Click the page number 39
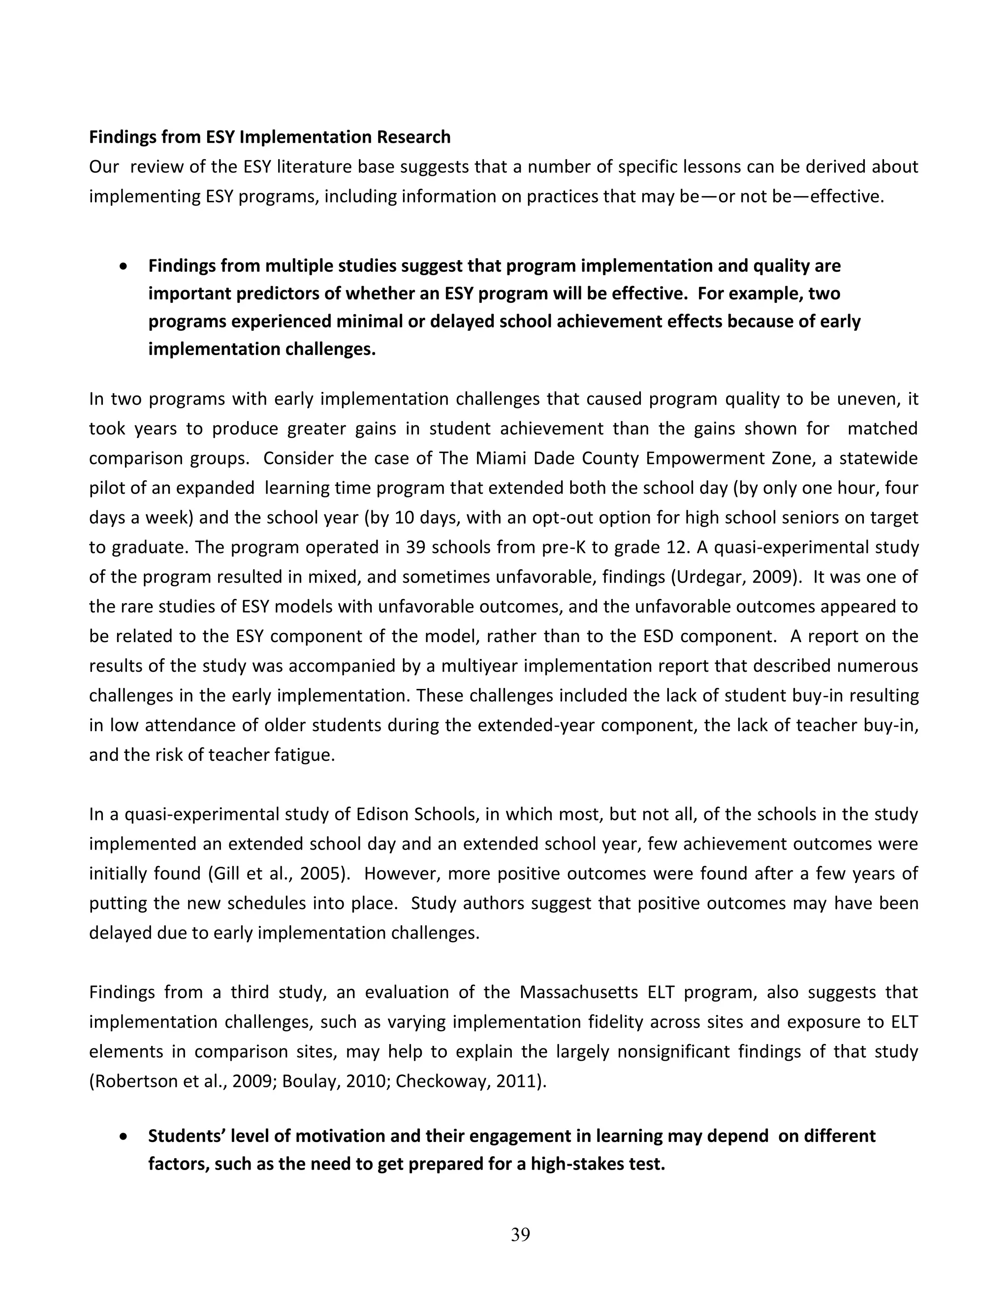click(520, 1235)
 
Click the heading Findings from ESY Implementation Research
click(269, 137)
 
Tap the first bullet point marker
click(124, 266)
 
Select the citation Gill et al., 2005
click(278, 874)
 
